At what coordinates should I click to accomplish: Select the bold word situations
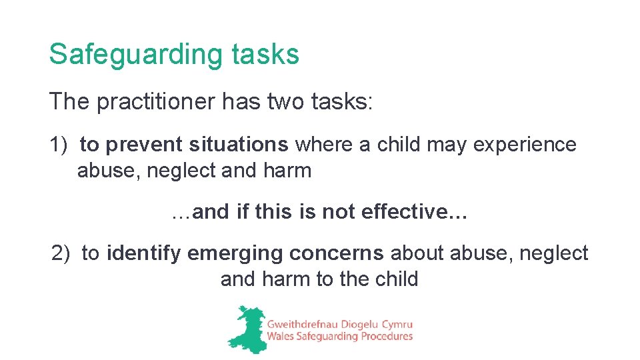click(239, 145)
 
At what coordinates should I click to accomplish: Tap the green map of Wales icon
click(245, 329)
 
